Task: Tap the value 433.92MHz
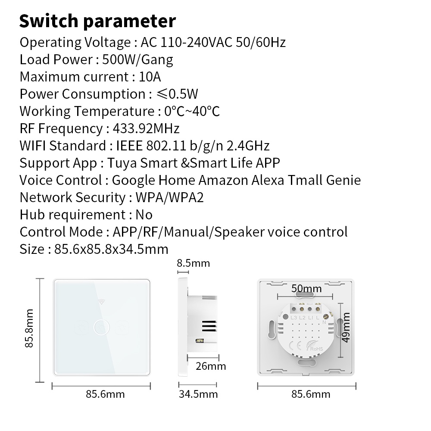click(x=146, y=128)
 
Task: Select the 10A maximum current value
click(x=150, y=77)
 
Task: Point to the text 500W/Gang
click(x=138, y=60)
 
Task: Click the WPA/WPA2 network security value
click(x=169, y=197)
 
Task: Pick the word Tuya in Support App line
click(x=122, y=163)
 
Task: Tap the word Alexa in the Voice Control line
click(x=268, y=180)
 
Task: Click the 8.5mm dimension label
click(x=193, y=263)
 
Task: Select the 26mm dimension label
click(x=211, y=366)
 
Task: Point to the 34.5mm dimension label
click(x=198, y=394)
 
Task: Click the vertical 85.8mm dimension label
click(x=29, y=328)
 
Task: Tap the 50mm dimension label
click(x=306, y=288)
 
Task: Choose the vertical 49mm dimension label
click(x=346, y=328)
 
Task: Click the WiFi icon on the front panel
click(x=102, y=302)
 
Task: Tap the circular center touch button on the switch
click(x=102, y=328)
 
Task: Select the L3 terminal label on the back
click(x=294, y=318)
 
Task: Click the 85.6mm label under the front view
click(x=105, y=394)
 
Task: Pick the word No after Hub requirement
click(x=144, y=215)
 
